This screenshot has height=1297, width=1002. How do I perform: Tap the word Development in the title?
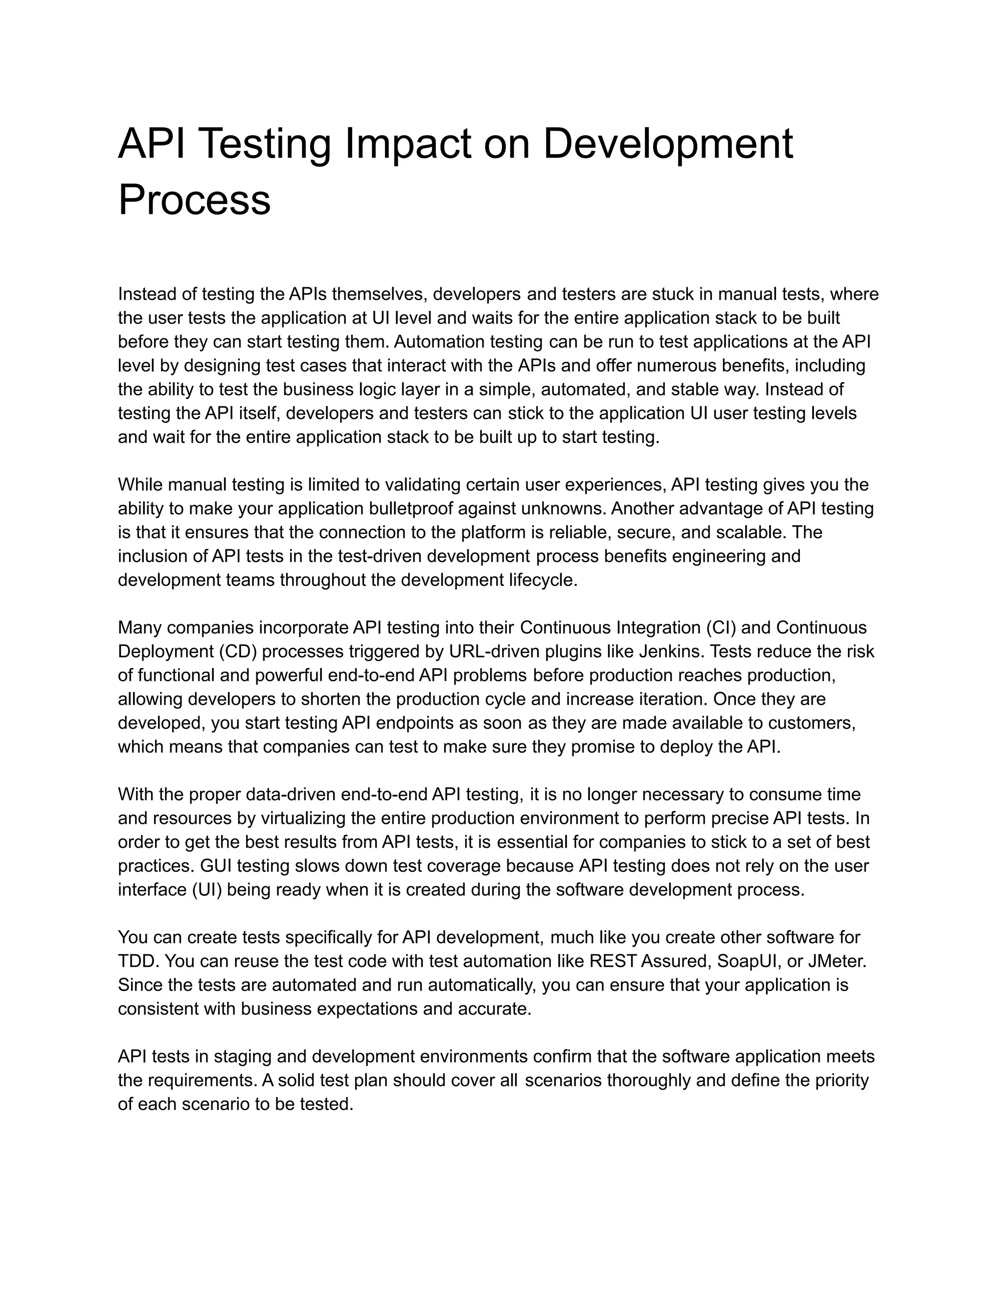coord(667,144)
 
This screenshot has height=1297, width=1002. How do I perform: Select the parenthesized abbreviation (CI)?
coord(720,628)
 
